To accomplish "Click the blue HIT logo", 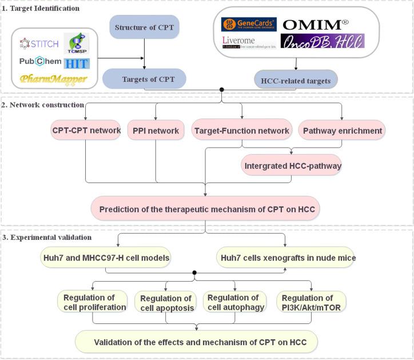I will click(x=77, y=63).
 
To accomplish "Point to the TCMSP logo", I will click(x=76, y=43).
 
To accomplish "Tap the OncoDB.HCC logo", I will click(x=322, y=42).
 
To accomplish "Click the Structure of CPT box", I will click(x=144, y=26).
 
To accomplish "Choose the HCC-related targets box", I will click(x=296, y=81).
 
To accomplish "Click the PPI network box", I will click(x=156, y=130).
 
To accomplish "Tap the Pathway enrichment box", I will click(x=342, y=130).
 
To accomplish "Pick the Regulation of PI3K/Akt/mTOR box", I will click(x=311, y=302).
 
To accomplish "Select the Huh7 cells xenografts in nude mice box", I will click(x=286, y=258).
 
